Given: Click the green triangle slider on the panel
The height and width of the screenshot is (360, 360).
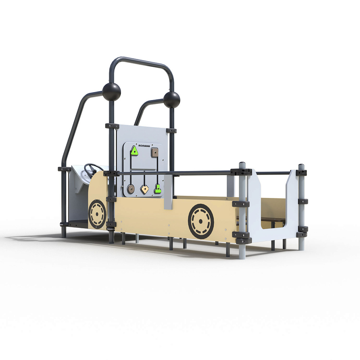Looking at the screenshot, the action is click(134, 151).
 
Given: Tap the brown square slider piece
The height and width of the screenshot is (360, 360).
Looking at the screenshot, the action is click(155, 152).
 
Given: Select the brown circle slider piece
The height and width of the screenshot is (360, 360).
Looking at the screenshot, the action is click(131, 189).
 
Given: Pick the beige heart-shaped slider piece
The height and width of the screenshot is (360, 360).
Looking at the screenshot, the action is click(144, 189).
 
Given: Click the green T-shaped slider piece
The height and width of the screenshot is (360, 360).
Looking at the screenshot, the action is click(157, 189).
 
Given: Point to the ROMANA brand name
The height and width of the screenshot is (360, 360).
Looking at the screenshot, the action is click(144, 146).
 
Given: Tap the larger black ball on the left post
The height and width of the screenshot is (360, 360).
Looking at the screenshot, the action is click(111, 92).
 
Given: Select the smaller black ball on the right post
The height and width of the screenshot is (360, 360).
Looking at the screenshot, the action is click(172, 100).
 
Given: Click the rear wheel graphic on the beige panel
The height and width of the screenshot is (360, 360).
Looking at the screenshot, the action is click(201, 221).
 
